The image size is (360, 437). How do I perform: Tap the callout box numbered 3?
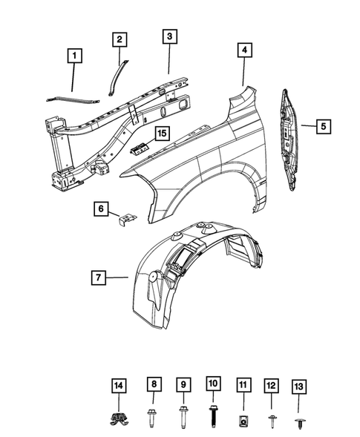point(170,36)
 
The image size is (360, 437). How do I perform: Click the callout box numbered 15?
point(160,134)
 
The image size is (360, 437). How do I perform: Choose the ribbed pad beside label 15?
point(140,147)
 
